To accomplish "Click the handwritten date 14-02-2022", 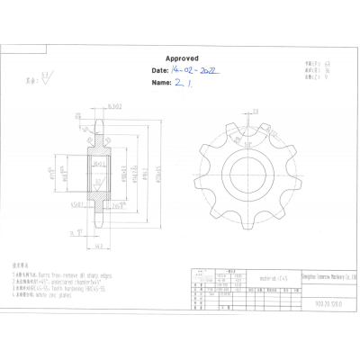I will point(196,68).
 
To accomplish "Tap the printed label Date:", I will point(160,68).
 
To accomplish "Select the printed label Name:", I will point(161,82).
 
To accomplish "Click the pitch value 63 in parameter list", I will point(328,64).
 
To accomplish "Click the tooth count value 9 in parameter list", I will point(327,76).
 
